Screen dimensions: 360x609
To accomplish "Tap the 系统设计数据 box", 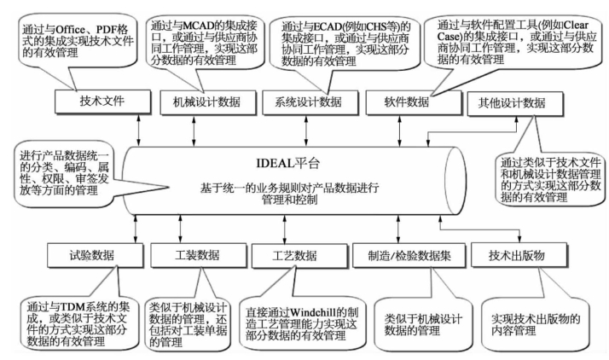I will [x=308, y=102].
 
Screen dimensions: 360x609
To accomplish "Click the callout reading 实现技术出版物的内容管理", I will [x=536, y=318].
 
